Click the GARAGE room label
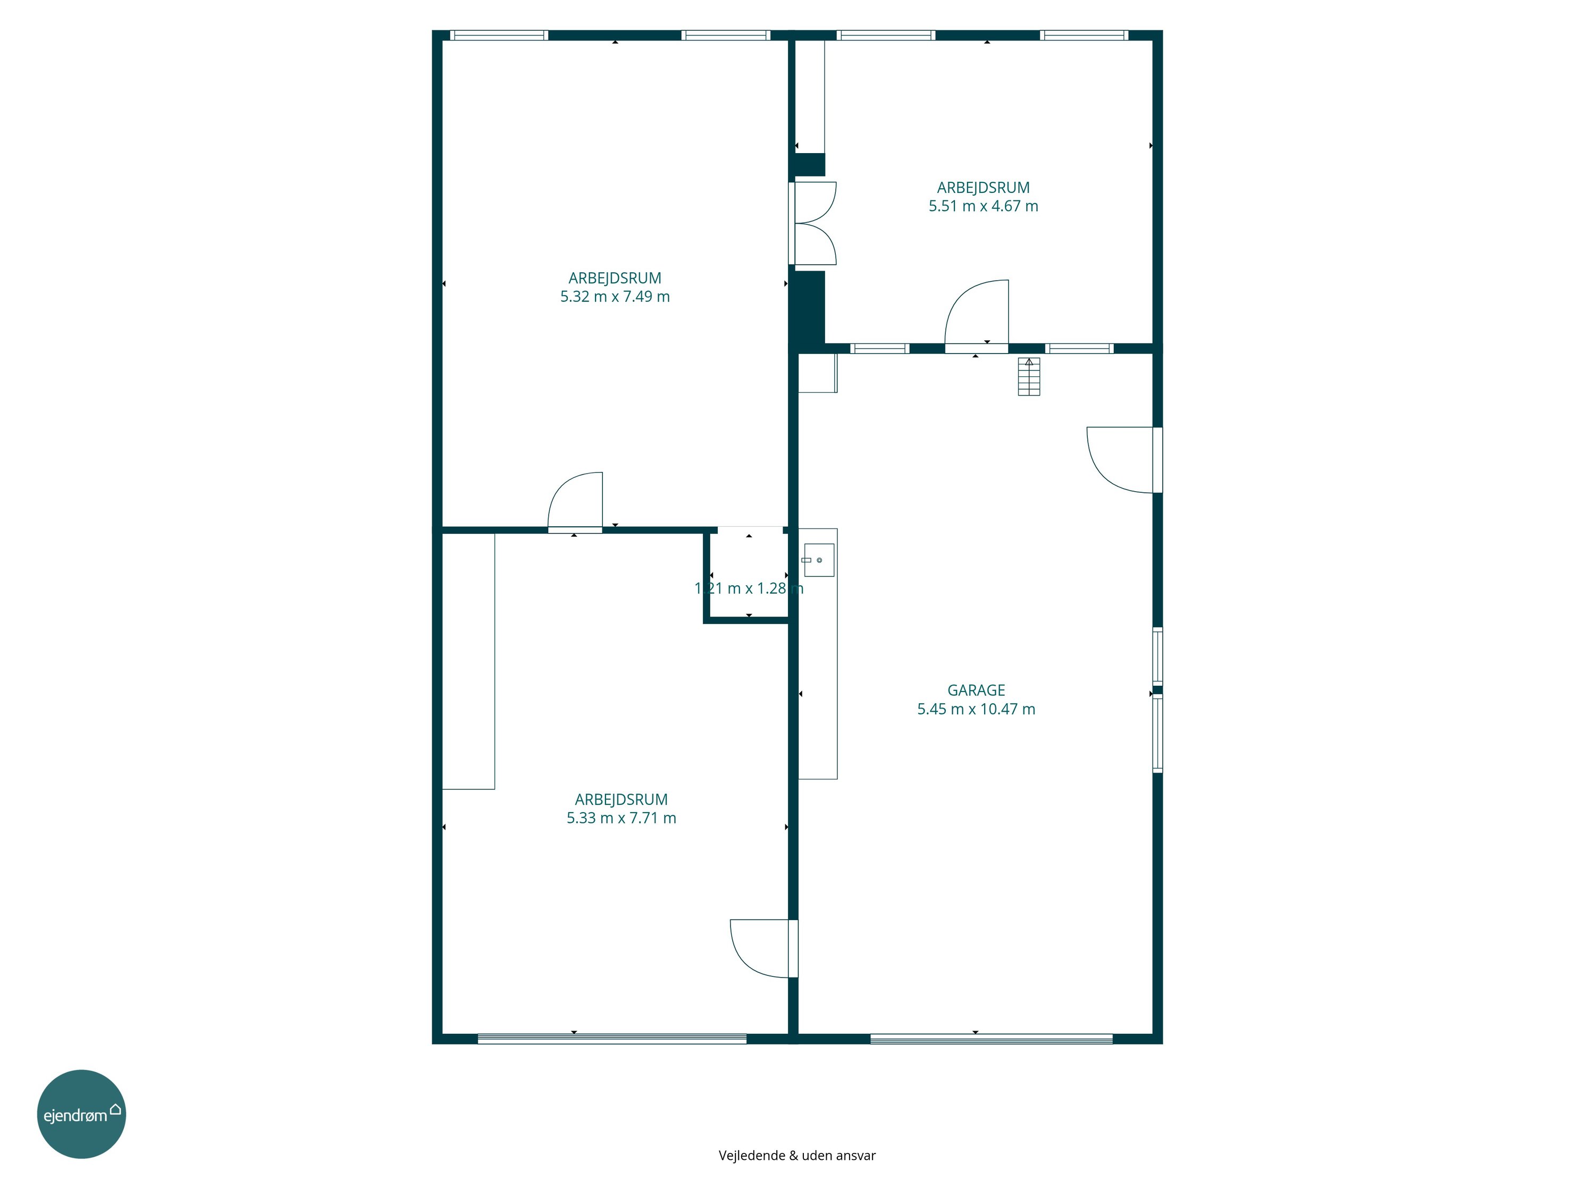pyautogui.click(x=976, y=690)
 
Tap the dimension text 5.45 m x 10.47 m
pyautogui.click(x=976, y=709)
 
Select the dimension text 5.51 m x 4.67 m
pyautogui.click(x=983, y=206)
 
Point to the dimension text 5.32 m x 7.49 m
pyautogui.click(x=615, y=296)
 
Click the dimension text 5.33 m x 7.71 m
pyautogui.click(x=621, y=818)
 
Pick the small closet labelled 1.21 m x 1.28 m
pyautogui.click(x=749, y=574)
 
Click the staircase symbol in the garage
pyautogui.click(x=1029, y=376)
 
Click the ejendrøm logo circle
pyautogui.click(x=81, y=1114)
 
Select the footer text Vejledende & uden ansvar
pyautogui.click(x=797, y=1155)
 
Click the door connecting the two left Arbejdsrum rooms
pyautogui.click(x=575, y=502)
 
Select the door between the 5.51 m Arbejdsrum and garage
pyautogui.click(x=976, y=316)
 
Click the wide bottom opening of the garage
pyautogui.click(x=992, y=1039)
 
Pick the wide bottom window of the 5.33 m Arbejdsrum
pyautogui.click(x=612, y=1039)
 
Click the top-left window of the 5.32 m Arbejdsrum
pyautogui.click(x=499, y=35)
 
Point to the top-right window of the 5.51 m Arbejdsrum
pyautogui.click(x=1084, y=35)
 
